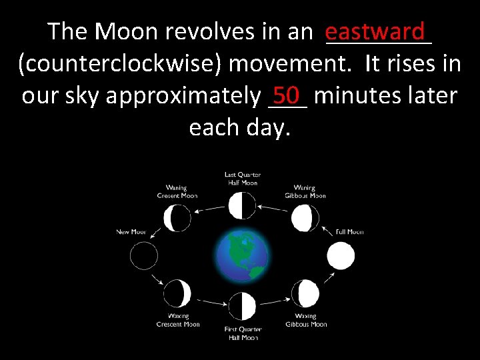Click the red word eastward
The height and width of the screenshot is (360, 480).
click(x=375, y=31)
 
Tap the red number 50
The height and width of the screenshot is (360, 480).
click(x=287, y=95)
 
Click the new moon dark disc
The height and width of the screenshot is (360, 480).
click(x=144, y=256)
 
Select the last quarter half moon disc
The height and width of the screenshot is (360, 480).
click(x=242, y=205)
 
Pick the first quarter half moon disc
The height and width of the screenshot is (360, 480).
click(x=242, y=306)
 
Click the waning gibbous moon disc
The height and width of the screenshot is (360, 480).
click(x=305, y=218)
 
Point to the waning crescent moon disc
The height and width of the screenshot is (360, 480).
click(x=177, y=218)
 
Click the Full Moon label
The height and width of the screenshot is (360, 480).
click(x=349, y=232)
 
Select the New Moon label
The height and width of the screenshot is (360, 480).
click(x=131, y=232)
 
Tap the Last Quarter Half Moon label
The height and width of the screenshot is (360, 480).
click(x=242, y=179)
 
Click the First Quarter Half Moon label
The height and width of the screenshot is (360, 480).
click(x=242, y=333)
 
